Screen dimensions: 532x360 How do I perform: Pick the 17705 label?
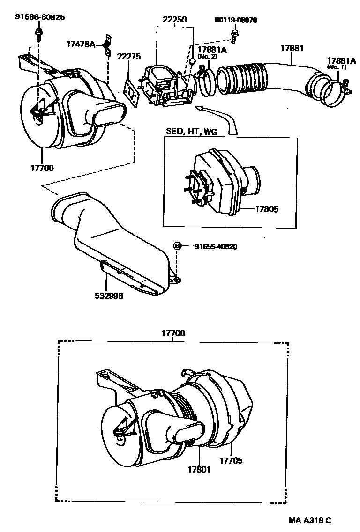(x=231, y=460)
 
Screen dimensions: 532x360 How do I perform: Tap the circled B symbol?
(x=177, y=246)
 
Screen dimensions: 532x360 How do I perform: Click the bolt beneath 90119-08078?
(x=234, y=34)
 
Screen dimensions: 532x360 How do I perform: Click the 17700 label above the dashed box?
(x=173, y=333)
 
